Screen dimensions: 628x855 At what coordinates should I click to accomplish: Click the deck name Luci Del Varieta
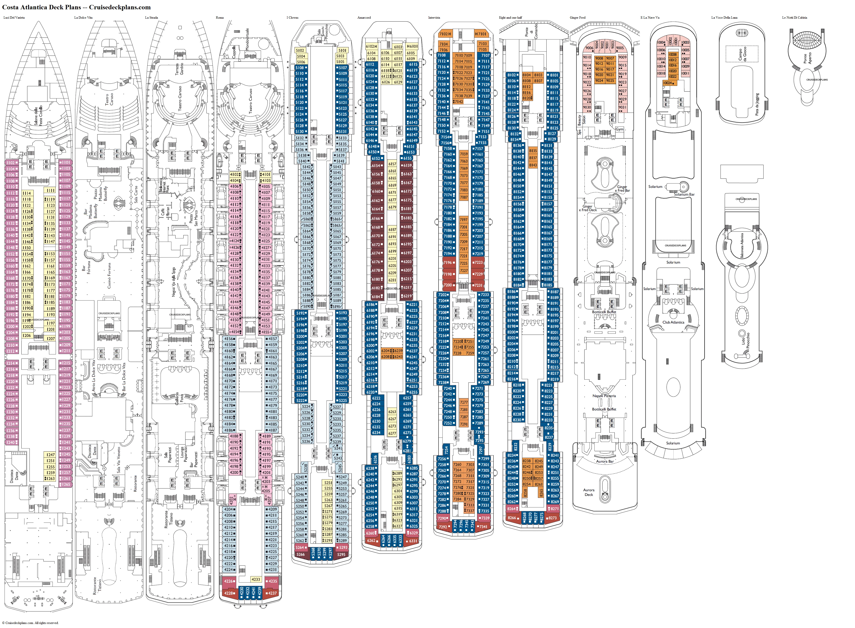click(x=14, y=17)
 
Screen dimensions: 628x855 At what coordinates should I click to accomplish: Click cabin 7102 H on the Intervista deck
click(x=445, y=34)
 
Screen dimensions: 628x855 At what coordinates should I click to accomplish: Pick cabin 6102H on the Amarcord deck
click(x=371, y=46)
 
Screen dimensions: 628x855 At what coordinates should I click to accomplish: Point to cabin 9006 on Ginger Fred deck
click(x=589, y=48)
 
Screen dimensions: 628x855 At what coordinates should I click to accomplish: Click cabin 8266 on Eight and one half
click(x=512, y=518)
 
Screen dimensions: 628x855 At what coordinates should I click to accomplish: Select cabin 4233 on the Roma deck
click(x=256, y=579)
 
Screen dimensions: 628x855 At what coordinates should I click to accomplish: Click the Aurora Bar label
click(x=604, y=462)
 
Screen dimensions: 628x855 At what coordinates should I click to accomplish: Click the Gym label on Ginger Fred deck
click(x=619, y=129)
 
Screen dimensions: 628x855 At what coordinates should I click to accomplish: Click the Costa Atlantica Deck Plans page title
click(x=76, y=7)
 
